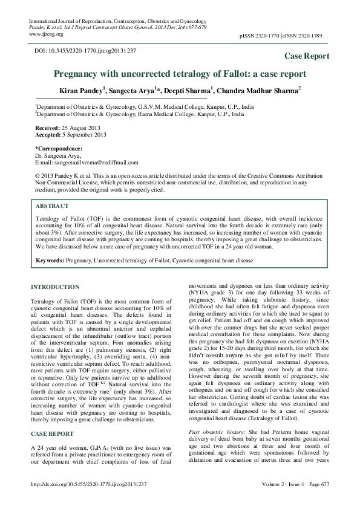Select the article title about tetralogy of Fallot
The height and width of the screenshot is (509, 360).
(x=180, y=74)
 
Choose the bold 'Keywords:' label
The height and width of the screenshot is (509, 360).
(x=50, y=261)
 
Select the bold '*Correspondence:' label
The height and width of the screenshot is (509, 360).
(x=59, y=148)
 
